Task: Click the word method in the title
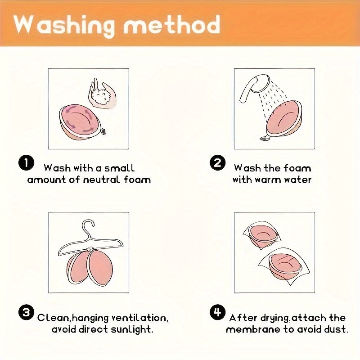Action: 172,24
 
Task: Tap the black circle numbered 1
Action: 26,163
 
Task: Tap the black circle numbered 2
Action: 217,163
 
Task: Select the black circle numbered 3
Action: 26,312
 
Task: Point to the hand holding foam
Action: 102,93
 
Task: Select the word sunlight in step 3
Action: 131,329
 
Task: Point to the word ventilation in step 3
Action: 139,318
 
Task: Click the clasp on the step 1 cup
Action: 103,132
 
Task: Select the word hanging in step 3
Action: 91,319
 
